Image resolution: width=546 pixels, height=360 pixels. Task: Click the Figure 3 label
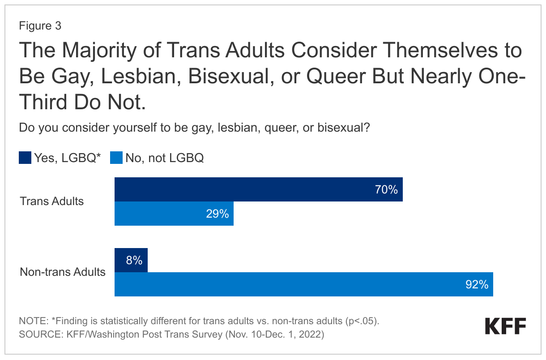click(40, 26)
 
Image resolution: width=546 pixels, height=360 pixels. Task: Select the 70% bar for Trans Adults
click(258, 189)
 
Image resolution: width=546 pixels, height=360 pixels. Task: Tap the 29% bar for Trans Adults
click(174, 214)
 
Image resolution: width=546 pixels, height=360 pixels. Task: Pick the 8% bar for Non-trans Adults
click(131, 260)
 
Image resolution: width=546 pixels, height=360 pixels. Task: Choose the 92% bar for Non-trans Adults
click(303, 284)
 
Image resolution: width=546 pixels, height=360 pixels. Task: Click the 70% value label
click(386, 190)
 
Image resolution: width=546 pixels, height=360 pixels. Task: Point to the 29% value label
click(218, 214)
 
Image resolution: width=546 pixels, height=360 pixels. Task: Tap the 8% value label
click(134, 261)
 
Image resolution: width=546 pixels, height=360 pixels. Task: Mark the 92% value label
click(477, 285)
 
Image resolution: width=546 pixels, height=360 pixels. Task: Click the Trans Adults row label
click(52, 201)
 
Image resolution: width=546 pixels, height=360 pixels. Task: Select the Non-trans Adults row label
click(63, 272)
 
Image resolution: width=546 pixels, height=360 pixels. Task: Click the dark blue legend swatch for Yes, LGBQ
click(25, 158)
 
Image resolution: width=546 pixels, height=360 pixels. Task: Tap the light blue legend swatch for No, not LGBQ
click(116, 158)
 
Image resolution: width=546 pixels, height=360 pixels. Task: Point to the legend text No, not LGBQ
click(165, 158)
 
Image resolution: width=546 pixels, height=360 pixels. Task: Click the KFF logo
click(506, 326)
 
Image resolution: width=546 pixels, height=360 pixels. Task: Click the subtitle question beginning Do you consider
click(194, 128)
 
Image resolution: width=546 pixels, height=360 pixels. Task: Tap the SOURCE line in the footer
click(171, 334)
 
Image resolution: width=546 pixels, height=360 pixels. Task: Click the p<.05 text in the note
click(361, 321)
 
